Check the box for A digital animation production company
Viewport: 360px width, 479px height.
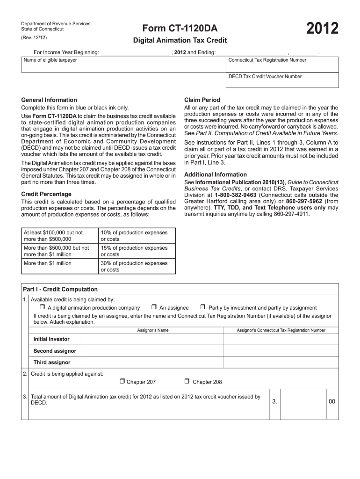[x=42, y=307]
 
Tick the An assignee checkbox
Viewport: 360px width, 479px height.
[x=154, y=307]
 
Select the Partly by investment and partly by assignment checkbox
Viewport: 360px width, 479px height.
[x=203, y=307]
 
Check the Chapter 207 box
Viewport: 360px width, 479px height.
[x=122, y=381]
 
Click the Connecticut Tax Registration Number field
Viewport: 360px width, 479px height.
[x=282, y=66]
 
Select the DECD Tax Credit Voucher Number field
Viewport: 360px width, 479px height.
[x=282, y=82]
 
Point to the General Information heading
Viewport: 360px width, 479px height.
[x=49, y=100]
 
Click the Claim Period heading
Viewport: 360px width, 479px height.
[x=202, y=100]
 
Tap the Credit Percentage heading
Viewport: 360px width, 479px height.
[x=46, y=194]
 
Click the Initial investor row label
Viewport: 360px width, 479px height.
[x=51, y=339]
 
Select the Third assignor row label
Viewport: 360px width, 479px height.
[x=52, y=362]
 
